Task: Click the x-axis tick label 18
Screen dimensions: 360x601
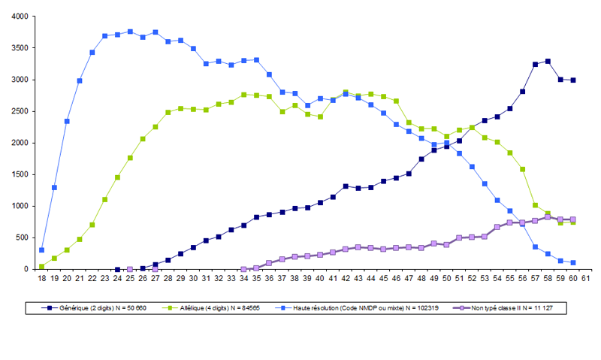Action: click(x=41, y=278)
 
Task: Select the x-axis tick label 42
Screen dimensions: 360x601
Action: click(x=345, y=278)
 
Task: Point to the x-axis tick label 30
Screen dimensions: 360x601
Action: click(x=193, y=278)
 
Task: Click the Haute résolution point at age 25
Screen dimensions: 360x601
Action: click(x=130, y=32)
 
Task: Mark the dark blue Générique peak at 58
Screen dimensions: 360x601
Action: click(x=548, y=61)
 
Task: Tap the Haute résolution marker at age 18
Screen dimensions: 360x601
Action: click(x=41, y=250)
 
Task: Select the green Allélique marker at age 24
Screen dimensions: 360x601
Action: click(x=117, y=177)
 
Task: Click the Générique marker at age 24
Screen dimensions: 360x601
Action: click(x=117, y=269)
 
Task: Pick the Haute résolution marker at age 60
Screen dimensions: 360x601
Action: click(x=573, y=262)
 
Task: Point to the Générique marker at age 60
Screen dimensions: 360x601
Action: click(x=573, y=80)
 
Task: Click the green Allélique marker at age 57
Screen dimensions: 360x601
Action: click(x=535, y=205)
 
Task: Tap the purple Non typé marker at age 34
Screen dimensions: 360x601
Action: click(x=243, y=269)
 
